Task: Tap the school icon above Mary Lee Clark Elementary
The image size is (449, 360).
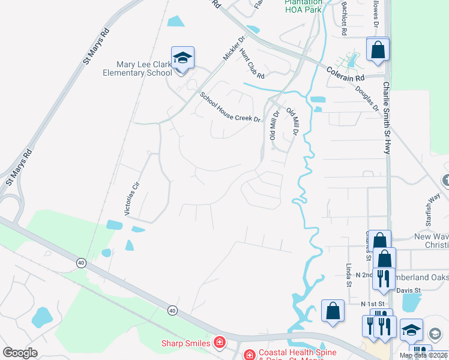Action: (x=182, y=58)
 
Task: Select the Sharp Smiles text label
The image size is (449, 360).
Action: (x=185, y=343)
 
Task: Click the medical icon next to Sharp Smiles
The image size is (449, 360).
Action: (x=220, y=343)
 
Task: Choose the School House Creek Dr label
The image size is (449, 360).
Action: (x=231, y=107)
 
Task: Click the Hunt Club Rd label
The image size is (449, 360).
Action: (x=252, y=64)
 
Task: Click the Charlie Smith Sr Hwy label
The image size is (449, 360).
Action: (x=387, y=118)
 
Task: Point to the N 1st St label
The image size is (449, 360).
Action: (x=372, y=304)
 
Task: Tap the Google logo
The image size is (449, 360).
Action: (x=20, y=353)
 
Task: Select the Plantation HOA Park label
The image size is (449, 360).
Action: (x=303, y=6)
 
